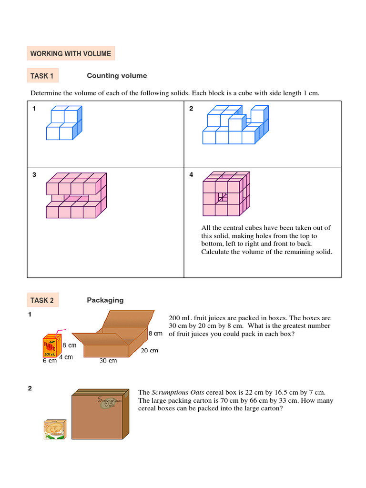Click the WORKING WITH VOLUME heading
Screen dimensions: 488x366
[71, 54]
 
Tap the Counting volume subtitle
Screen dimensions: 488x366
[117, 76]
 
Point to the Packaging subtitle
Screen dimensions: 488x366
[105, 300]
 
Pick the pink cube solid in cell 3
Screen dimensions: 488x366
[76, 195]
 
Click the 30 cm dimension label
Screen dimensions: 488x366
[108, 361]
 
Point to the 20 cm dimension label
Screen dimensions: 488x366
[149, 350]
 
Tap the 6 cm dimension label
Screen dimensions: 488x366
[50, 361]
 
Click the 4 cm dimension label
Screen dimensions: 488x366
[66, 357]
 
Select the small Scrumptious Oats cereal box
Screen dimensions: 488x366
[55, 429]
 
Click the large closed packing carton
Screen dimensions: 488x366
[100, 414]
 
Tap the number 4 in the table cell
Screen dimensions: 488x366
[191, 175]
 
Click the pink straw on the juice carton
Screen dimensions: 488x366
[59, 334]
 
